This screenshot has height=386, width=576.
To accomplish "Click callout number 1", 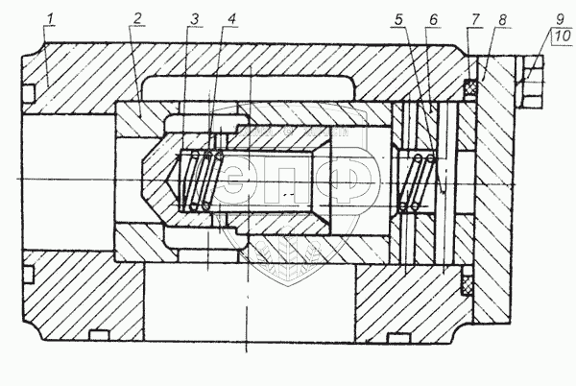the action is click(51, 20).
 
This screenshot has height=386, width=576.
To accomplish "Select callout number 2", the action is click(137, 19).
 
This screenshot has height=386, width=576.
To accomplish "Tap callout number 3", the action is click(194, 19).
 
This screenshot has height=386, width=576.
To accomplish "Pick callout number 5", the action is click(399, 19).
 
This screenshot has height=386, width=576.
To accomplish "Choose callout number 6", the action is click(434, 19).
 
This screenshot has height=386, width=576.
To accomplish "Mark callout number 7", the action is click(475, 19).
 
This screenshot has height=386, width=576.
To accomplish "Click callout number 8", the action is click(502, 19).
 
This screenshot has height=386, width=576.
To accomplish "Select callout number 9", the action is click(559, 18).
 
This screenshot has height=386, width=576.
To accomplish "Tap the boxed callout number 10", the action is click(563, 36).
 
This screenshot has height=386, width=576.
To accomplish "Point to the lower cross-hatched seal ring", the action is click(468, 280).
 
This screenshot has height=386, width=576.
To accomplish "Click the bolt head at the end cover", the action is click(530, 82).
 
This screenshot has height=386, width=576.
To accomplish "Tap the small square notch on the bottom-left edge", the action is click(99, 335).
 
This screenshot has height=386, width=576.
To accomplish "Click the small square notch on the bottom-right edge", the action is click(398, 338).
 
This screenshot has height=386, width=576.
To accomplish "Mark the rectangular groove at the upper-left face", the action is click(29, 93).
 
